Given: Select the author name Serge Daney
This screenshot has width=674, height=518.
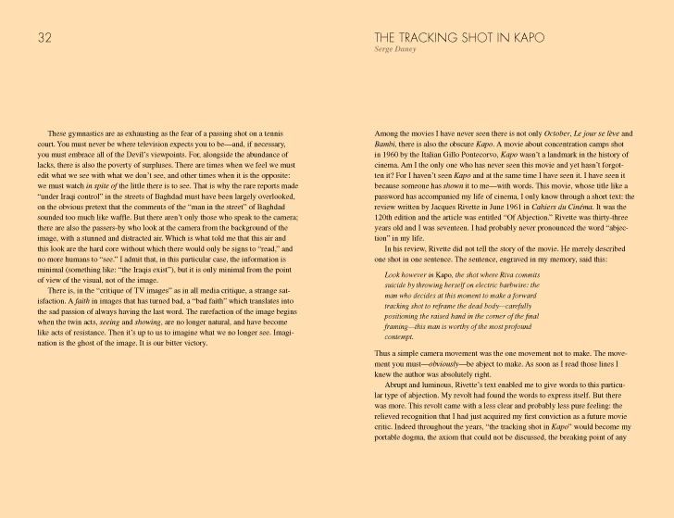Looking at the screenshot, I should (394, 49).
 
